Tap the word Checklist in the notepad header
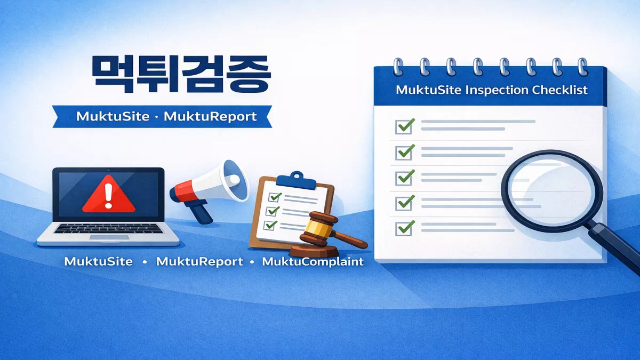pos(560,90)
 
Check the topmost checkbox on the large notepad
pos(404,126)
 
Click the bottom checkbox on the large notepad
pos(404,228)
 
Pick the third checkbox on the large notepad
pos(404,177)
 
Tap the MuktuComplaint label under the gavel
pos(313,262)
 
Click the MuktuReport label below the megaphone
pos(199,262)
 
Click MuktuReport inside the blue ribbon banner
pos(210,116)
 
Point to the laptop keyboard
pos(109,228)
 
